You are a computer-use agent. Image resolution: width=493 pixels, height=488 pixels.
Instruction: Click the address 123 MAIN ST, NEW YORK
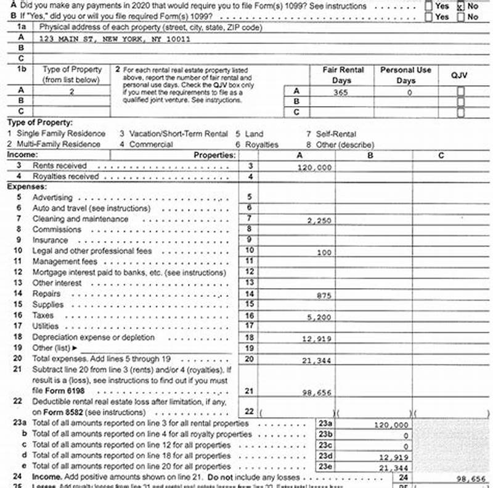tap(114, 38)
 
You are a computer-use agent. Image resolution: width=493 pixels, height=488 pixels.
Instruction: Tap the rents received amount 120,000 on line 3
tap(314, 167)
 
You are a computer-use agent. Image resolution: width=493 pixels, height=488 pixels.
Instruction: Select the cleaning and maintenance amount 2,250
tap(320, 220)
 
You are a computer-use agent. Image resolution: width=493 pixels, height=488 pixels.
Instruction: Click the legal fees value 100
tap(324, 252)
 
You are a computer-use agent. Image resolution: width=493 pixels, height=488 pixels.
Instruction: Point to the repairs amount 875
tap(324, 296)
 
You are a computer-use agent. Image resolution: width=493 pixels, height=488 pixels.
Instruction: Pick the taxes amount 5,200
tap(320, 317)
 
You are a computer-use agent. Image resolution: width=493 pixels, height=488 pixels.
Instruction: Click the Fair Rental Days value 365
tap(341, 92)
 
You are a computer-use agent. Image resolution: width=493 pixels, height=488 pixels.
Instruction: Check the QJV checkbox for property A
tap(460, 91)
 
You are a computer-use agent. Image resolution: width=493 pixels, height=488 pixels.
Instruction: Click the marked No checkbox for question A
tap(460, 7)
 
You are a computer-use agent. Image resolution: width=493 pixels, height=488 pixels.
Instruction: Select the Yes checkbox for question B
tap(429, 17)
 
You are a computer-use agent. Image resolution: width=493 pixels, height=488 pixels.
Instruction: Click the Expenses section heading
tap(26, 186)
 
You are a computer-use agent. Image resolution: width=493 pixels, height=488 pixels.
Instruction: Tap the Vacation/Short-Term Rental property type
tap(173, 134)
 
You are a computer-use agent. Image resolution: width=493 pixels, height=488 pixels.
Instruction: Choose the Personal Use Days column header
tap(405, 75)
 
